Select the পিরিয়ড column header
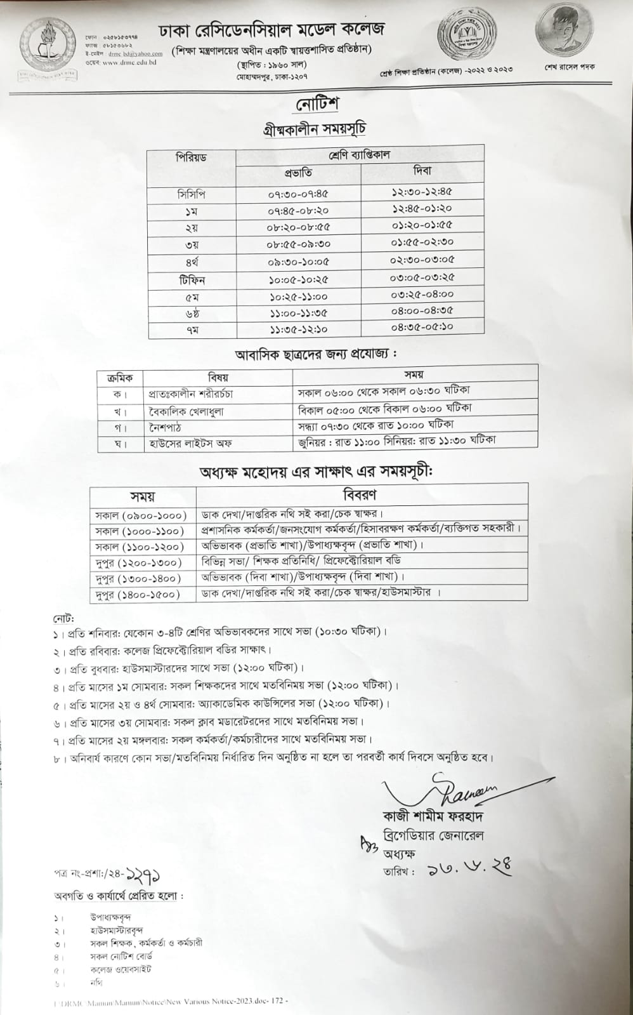[191, 157]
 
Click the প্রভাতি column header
[297, 173]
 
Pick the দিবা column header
[422, 170]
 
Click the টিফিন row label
[191, 279]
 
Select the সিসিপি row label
[191, 194]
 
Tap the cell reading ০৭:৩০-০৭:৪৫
[298, 194]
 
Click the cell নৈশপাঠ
[166, 427]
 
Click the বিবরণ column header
[360, 494]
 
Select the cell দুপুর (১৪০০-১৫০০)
[137, 594]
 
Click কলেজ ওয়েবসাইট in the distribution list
[121, 969]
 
